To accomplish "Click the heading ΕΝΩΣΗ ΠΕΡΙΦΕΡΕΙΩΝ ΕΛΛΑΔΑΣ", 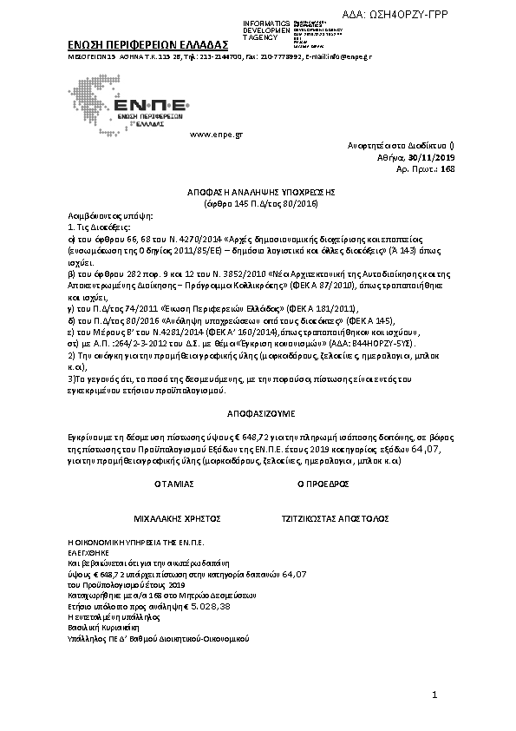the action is pyautogui.click(x=147, y=43).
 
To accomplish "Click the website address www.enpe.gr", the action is pyautogui.click(x=215, y=135).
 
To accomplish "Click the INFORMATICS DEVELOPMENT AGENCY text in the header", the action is pyautogui.click(x=260, y=30).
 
